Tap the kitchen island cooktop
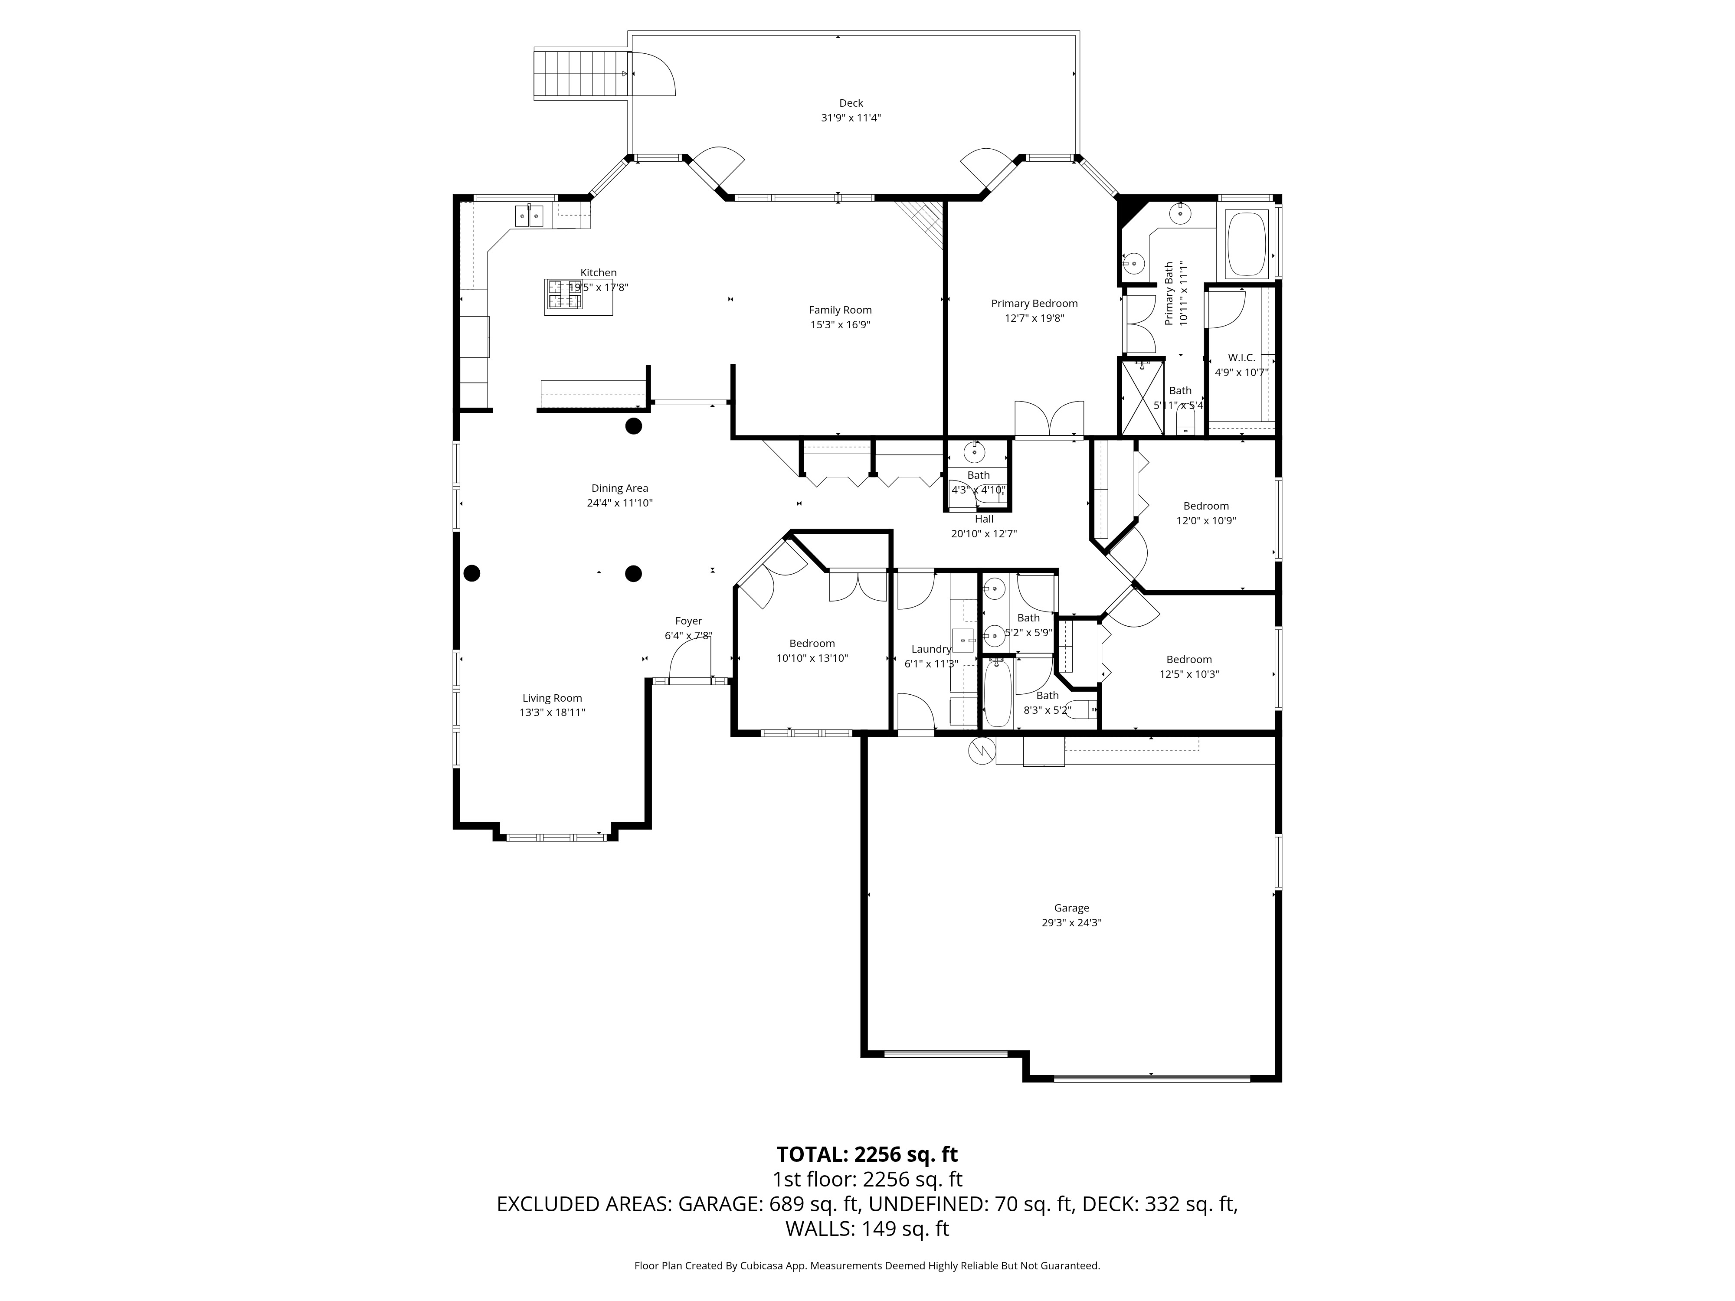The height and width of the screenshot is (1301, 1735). [x=565, y=295]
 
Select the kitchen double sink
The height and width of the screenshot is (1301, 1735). [x=530, y=215]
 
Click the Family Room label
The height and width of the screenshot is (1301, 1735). [x=840, y=310]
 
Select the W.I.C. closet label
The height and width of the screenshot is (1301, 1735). [x=1241, y=358]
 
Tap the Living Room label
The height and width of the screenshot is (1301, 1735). [x=552, y=698]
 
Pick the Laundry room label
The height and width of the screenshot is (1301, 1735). [x=931, y=649]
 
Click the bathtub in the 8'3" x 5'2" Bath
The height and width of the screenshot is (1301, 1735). [x=998, y=696]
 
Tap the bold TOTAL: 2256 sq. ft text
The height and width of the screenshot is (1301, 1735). [x=867, y=1154]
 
